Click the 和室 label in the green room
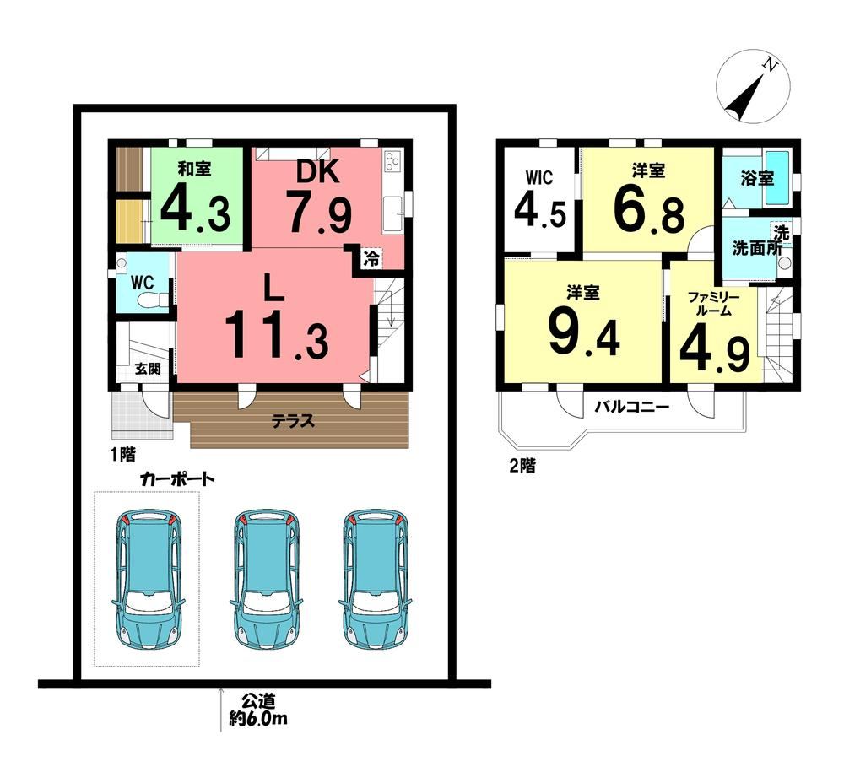point(194,169)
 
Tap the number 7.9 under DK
point(319,213)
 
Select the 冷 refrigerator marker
point(371,258)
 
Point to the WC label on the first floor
point(142,283)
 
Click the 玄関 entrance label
point(148,369)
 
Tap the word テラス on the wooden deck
point(293,421)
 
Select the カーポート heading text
point(177,478)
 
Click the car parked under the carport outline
point(148,579)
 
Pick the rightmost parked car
point(376,579)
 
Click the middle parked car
point(266,579)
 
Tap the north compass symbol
point(753,87)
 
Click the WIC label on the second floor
point(538,178)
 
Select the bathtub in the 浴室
point(776,177)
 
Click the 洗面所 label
point(757,249)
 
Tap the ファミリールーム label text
point(714,304)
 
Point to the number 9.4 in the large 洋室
point(584,333)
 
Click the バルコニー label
point(632,407)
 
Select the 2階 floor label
point(522,466)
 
